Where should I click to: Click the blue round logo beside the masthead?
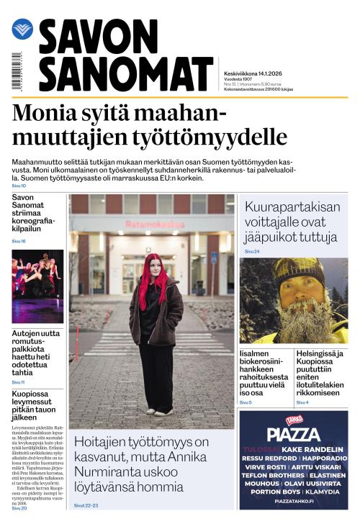(x=22, y=30)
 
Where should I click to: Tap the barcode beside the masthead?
(x=17, y=71)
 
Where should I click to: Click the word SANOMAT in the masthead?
(x=125, y=73)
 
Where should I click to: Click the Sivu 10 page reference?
(x=19, y=186)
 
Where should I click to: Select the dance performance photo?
(x=37, y=286)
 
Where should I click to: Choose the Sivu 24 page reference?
(x=252, y=251)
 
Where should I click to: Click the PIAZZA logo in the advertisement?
(x=293, y=433)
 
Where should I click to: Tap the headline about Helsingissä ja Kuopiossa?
(x=320, y=372)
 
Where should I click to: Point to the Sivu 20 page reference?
(x=19, y=508)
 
